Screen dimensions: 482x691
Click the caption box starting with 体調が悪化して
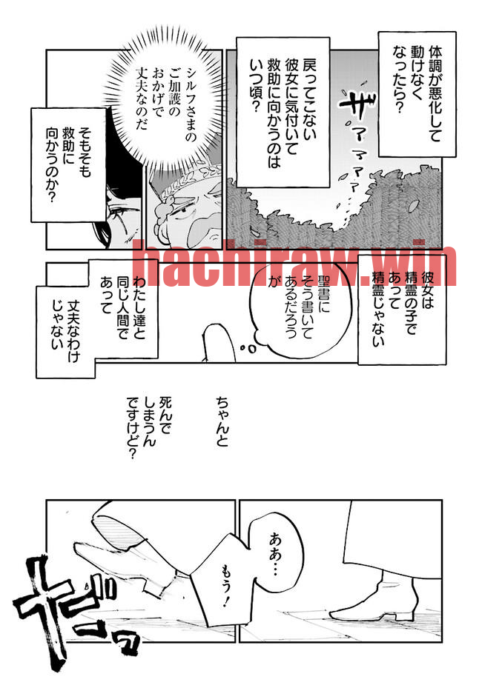(x=417, y=94)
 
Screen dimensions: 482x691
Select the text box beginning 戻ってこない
(x=283, y=113)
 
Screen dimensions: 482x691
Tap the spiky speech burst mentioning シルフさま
(x=164, y=99)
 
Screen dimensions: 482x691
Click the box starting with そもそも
(x=68, y=164)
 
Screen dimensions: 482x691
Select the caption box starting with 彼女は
(x=403, y=309)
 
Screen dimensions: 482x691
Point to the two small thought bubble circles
(x=248, y=349)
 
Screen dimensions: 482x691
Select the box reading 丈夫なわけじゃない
(x=65, y=332)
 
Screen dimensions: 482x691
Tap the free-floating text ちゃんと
(x=222, y=421)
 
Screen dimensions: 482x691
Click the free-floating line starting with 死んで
(x=149, y=428)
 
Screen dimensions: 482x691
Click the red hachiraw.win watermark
(x=295, y=263)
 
